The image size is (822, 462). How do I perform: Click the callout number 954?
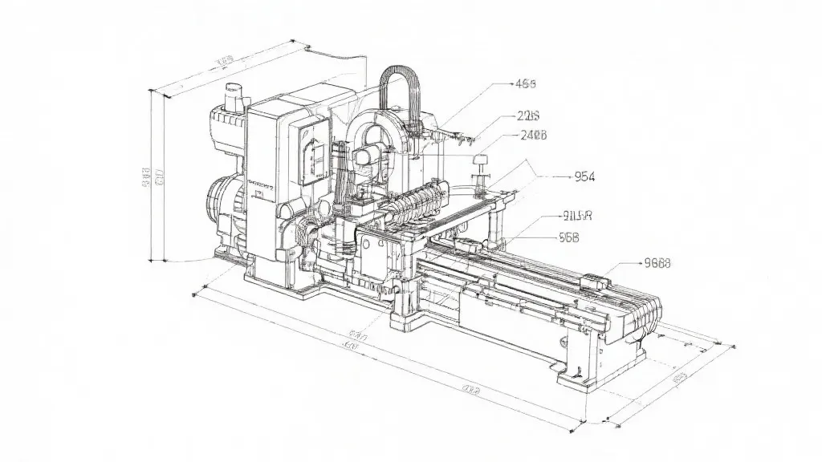pos(580,177)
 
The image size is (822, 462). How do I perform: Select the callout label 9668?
pos(657,262)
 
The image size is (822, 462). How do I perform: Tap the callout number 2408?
pos(534,136)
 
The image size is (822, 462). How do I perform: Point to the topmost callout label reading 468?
pos(525,83)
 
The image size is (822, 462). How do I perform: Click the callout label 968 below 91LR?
pos(568,237)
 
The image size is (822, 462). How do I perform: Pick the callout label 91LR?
pos(577,215)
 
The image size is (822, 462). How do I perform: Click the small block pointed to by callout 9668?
pos(596,281)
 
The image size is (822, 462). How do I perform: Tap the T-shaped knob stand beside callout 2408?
pos(482,169)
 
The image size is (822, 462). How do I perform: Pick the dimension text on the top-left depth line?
pos(225,61)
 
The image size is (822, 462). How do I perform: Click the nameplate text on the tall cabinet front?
pos(261,184)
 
